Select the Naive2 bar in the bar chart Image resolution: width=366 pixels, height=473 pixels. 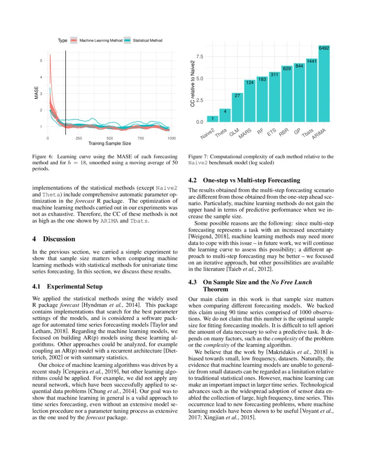[212, 119]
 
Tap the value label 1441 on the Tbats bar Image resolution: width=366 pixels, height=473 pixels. [312, 61]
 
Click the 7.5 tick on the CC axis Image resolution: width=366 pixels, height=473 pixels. [200, 57]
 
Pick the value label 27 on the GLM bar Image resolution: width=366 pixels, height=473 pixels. [237, 95]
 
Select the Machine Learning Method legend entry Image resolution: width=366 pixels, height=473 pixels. [97, 40]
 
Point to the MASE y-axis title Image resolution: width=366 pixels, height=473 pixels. [37, 93]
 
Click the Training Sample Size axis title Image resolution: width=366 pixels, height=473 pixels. [109, 143]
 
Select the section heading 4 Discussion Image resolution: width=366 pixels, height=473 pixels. [54, 239]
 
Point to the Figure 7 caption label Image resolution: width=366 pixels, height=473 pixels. [199, 157]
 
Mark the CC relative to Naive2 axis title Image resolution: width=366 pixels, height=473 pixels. [192, 84]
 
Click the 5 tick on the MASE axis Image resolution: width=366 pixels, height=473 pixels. [41, 61]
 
